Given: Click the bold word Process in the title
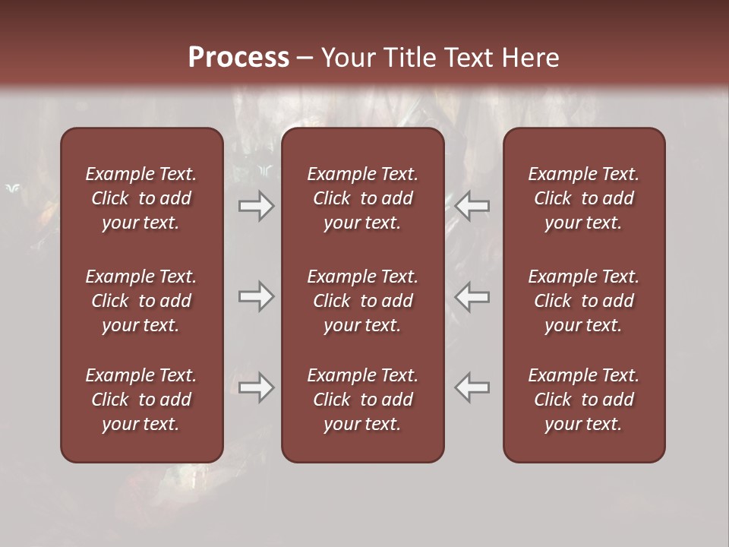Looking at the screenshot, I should (x=238, y=58).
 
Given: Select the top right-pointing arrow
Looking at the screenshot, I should (x=256, y=205).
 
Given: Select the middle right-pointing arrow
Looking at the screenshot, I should (x=256, y=296).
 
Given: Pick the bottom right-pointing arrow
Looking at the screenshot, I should (x=256, y=387).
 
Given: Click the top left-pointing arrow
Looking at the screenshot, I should (x=472, y=205).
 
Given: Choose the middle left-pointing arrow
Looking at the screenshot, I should (x=472, y=296).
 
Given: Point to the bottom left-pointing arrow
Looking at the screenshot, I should (x=472, y=387).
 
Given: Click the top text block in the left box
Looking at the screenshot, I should (x=141, y=198).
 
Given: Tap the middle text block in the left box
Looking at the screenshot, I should (x=141, y=301).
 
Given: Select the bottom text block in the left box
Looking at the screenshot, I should (x=141, y=400).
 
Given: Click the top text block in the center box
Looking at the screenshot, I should (x=362, y=198).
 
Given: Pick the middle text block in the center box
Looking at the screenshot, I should (x=362, y=301).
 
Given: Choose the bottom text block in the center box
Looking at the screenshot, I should (x=362, y=400).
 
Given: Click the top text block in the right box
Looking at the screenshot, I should (x=583, y=198).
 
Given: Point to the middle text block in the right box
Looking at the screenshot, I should (x=583, y=301).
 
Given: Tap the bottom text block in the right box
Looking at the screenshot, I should (x=583, y=400).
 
